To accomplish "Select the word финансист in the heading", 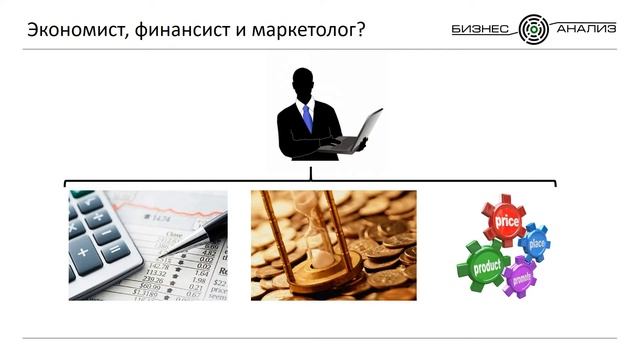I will point(177,29).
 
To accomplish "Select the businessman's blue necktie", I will point(308,117).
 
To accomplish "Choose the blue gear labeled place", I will point(536,243).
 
